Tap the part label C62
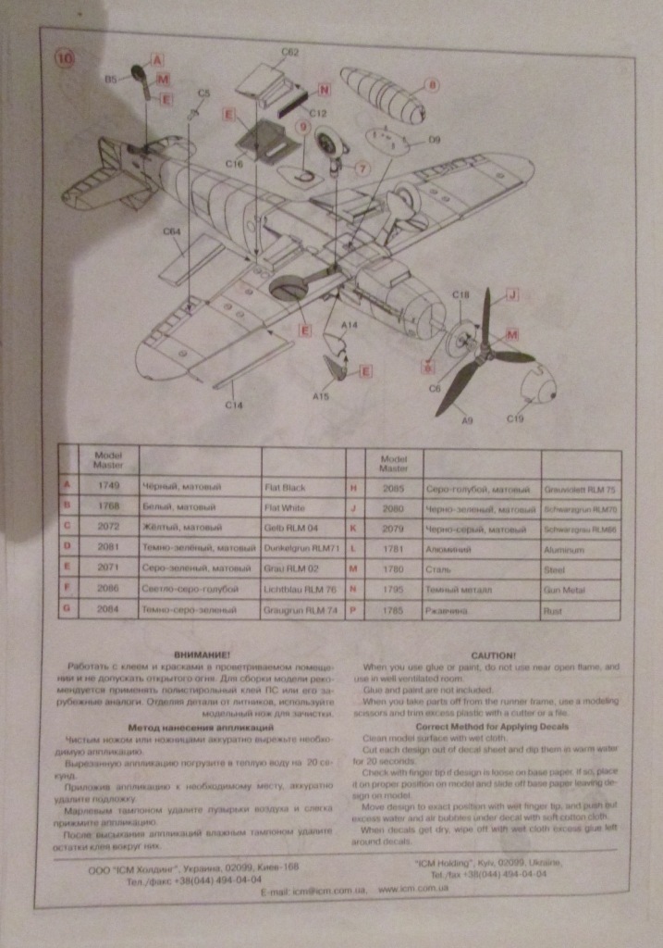click(x=289, y=53)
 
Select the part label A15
click(x=321, y=395)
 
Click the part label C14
click(x=233, y=405)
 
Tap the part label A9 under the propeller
click(x=467, y=421)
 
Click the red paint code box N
click(x=324, y=90)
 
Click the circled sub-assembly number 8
click(x=432, y=86)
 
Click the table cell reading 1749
click(x=109, y=486)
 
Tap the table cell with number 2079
click(x=394, y=530)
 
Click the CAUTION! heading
click(x=492, y=655)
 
